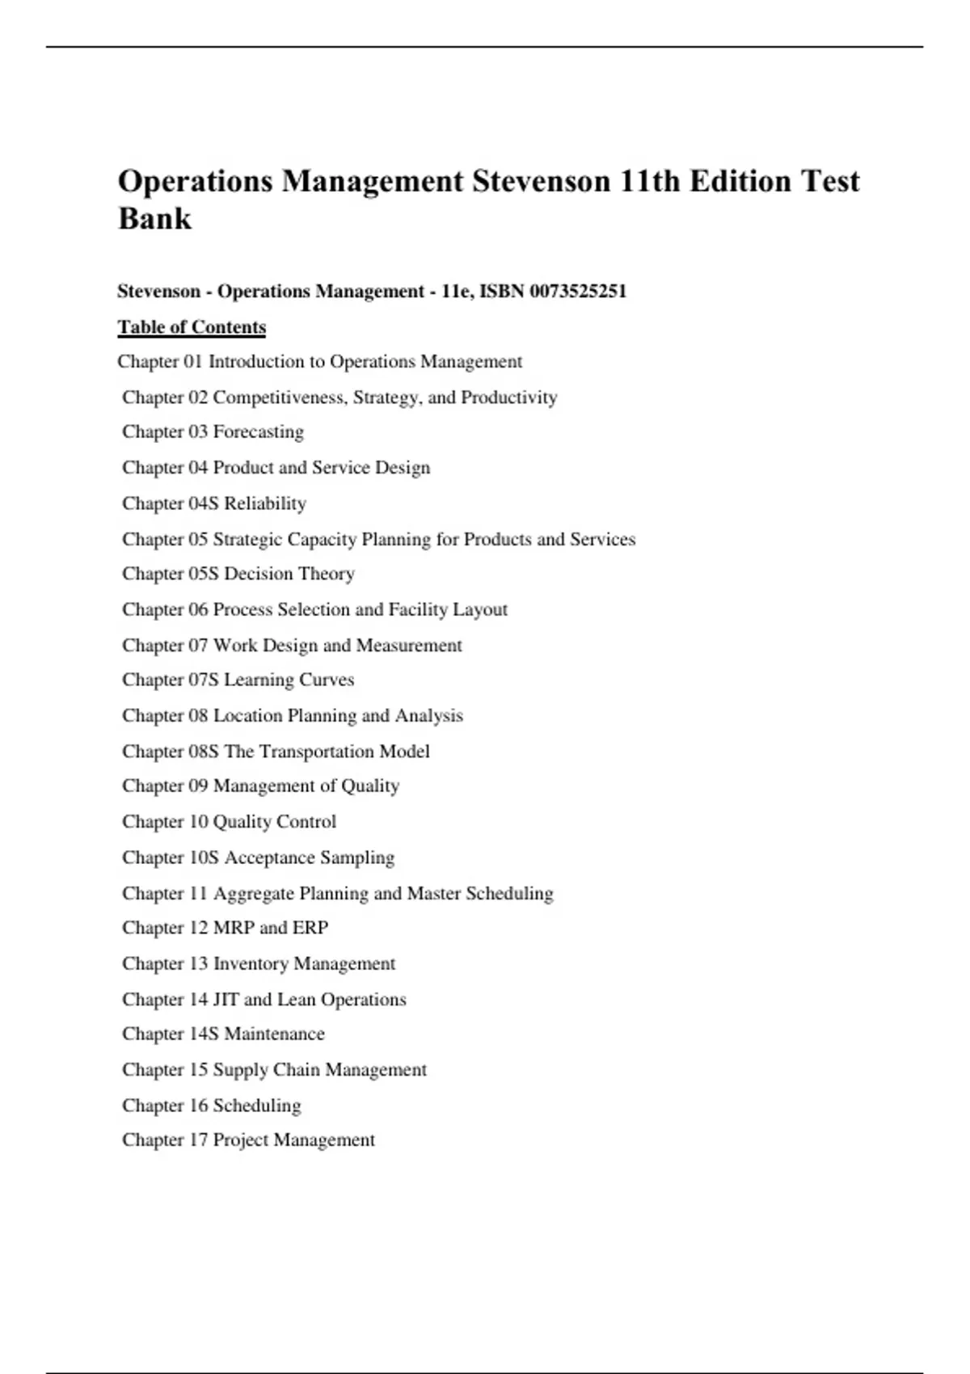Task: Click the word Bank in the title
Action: point(154,218)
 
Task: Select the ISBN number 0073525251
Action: point(578,291)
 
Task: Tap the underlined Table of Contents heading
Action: point(192,327)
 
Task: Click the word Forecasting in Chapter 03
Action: point(259,432)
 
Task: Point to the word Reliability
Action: point(265,504)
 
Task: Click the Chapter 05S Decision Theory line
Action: point(238,574)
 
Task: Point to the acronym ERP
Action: point(310,928)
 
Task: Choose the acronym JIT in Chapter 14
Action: point(226,1000)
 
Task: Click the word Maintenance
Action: point(274,1034)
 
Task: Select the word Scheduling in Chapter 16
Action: point(257,1106)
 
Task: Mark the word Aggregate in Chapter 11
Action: point(254,894)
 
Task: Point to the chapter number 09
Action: point(198,786)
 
